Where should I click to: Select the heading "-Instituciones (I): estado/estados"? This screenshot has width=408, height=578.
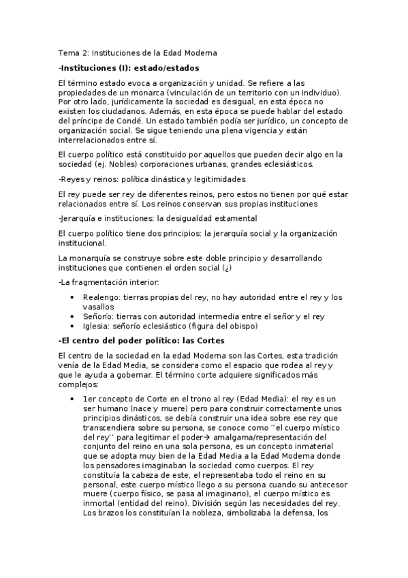click(x=129, y=67)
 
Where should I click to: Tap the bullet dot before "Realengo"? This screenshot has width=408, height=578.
click(x=72, y=297)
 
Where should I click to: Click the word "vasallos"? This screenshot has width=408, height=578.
click(x=99, y=307)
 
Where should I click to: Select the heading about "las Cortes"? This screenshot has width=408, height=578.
click(x=141, y=340)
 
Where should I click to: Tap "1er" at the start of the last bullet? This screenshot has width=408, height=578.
click(x=90, y=399)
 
